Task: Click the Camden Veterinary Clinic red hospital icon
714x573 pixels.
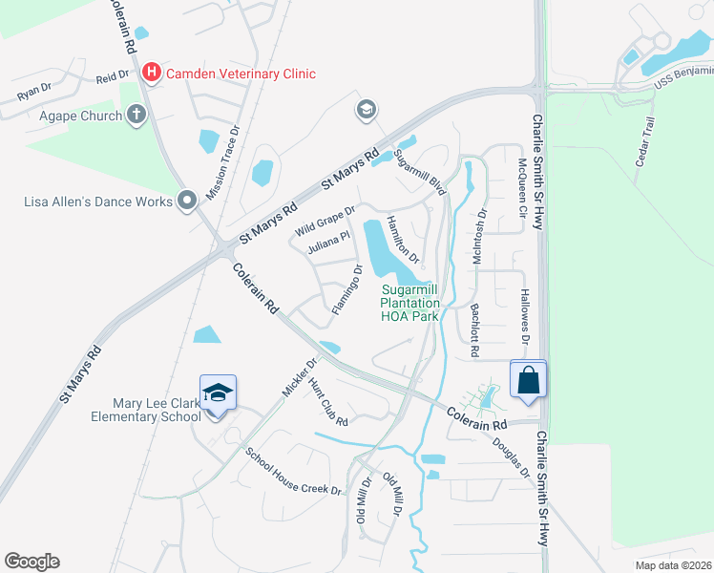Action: (x=151, y=73)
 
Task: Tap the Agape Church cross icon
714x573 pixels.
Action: (x=136, y=116)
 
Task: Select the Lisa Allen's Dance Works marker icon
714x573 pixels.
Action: (x=187, y=201)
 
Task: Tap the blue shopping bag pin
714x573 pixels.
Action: (x=528, y=380)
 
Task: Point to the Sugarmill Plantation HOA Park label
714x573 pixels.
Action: (x=415, y=303)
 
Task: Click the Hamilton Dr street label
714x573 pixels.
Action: (x=403, y=240)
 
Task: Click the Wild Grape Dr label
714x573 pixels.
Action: (x=325, y=221)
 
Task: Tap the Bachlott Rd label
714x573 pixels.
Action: (x=473, y=330)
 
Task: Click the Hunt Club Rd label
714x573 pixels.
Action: (x=327, y=407)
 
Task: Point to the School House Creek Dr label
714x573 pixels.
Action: (x=293, y=472)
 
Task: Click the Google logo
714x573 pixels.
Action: (x=31, y=562)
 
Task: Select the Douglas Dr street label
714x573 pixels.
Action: (x=511, y=456)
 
